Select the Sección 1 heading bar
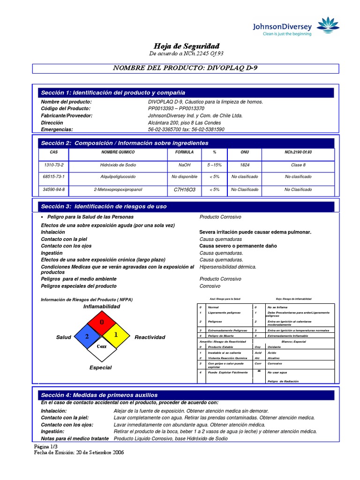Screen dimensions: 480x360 click(187, 92)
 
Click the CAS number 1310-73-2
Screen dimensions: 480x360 click(53, 165)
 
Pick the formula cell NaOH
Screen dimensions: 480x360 click(184, 165)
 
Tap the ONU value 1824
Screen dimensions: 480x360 click(244, 165)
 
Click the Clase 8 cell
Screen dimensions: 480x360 click(298, 165)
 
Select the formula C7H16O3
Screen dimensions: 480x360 click(184, 190)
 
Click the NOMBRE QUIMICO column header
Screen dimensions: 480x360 click(118, 153)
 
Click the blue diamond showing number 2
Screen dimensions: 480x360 click(86, 337)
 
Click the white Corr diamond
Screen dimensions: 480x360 click(102, 347)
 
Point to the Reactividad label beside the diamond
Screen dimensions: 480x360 click(150, 337)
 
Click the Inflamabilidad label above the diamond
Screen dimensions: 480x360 click(102, 307)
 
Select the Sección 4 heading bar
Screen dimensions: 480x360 click(187, 395)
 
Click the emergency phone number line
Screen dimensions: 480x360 click(186, 129)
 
